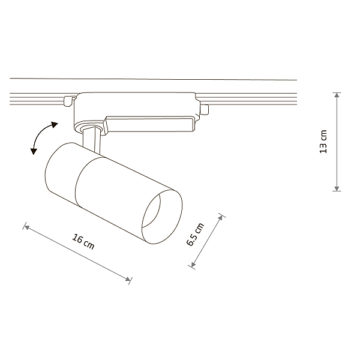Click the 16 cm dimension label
83,242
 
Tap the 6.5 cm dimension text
195,234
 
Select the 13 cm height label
323,142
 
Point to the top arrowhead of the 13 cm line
337,95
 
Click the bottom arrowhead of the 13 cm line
337,188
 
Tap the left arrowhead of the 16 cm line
27,227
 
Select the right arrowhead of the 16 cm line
128,279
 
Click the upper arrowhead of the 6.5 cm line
220,217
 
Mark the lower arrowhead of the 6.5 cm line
193,265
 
